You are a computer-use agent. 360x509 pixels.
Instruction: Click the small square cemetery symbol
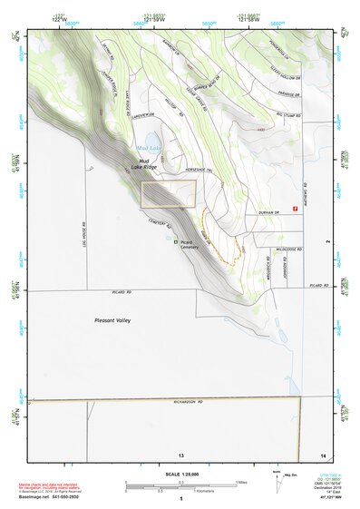click(x=176, y=242)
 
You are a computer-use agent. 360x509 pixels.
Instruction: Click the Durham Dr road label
click(x=268, y=210)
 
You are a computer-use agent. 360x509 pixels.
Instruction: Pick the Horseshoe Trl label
click(x=201, y=170)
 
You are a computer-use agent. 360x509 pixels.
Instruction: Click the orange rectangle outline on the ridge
click(x=169, y=193)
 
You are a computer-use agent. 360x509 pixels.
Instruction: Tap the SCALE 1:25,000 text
click(x=181, y=474)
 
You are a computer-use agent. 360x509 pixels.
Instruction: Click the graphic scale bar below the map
click(x=181, y=485)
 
